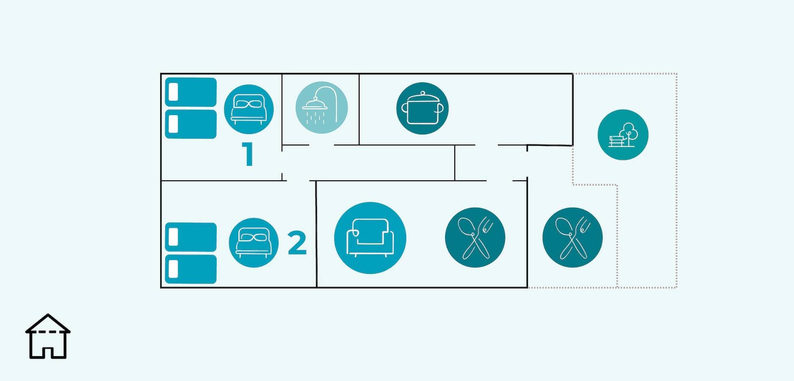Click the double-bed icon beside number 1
(x=249, y=109)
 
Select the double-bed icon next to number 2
(x=254, y=243)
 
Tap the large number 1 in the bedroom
(x=248, y=154)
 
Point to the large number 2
(x=297, y=243)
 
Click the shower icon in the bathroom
(x=321, y=108)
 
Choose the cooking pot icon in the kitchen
(x=422, y=108)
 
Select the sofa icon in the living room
(x=370, y=238)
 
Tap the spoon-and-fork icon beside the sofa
(x=475, y=237)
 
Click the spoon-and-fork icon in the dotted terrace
(x=573, y=237)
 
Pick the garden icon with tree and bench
(x=623, y=135)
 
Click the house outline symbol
(x=48, y=336)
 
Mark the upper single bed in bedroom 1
(x=191, y=92)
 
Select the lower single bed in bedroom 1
(x=191, y=124)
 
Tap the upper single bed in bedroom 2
(x=191, y=237)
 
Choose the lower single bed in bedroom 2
(x=191, y=269)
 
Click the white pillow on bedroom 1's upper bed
(x=173, y=92)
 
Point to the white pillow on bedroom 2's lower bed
(x=173, y=269)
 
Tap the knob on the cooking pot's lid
(x=422, y=93)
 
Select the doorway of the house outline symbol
(x=48, y=353)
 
